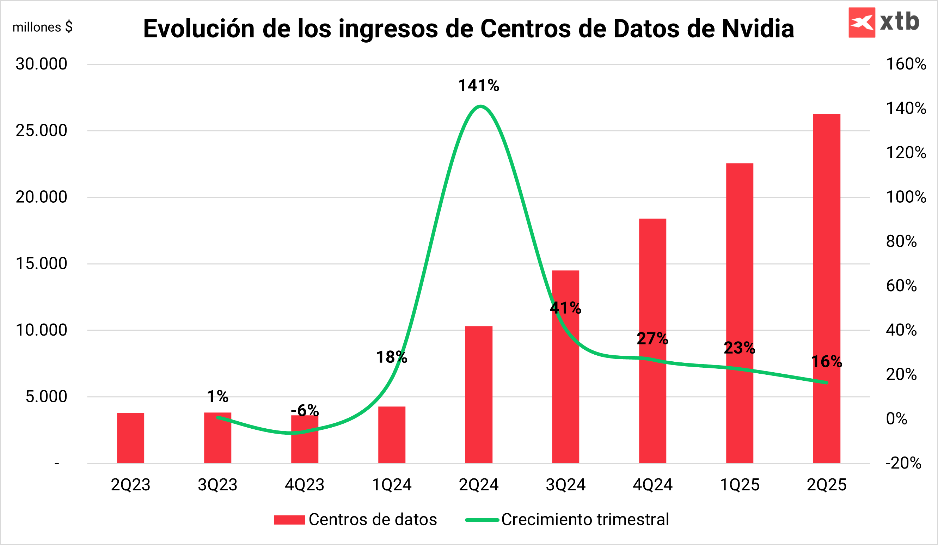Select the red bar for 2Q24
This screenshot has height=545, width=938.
479,394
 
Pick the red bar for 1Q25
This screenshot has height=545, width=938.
740,313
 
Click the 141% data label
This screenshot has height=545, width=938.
478,86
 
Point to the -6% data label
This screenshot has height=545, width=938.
305,410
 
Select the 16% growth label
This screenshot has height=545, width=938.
826,361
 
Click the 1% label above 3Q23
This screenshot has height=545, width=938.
217,396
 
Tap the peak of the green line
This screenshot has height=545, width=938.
480,106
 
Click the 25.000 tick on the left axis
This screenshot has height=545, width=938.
41,130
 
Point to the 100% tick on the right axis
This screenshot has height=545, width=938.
906,197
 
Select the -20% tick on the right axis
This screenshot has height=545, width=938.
903,463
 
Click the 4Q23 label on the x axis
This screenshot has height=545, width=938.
305,485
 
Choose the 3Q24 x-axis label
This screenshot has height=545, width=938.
565,485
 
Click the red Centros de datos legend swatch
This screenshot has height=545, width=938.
290,520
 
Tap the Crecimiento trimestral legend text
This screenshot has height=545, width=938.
585,520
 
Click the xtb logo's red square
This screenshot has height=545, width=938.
862,22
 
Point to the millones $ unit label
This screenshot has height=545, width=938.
42,27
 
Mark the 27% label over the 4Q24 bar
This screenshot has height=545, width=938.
652,338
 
